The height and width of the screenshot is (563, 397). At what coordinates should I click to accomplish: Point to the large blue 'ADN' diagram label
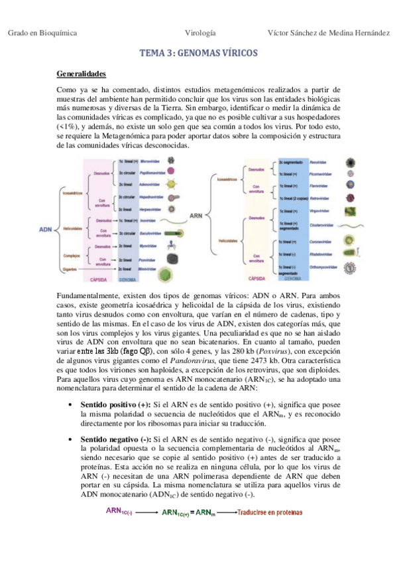[46, 229]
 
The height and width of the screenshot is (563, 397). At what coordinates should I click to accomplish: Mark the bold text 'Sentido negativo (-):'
[116, 440]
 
